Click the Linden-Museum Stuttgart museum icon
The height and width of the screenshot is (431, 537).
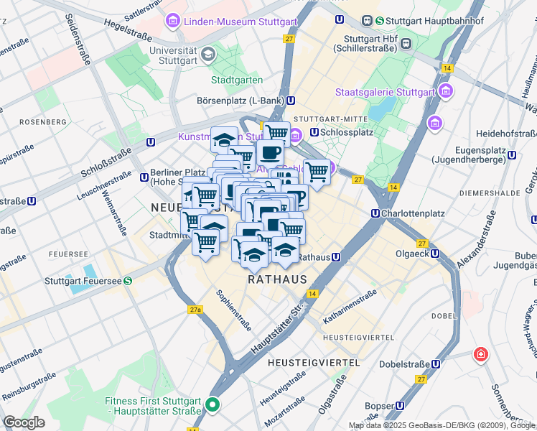(173, 22)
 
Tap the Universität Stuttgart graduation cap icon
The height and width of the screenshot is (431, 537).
(207, 54)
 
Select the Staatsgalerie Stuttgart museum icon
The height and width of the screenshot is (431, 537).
(447, 91)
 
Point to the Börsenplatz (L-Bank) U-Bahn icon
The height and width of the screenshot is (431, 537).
(290, 101)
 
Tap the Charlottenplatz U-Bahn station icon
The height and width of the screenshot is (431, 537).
(375, 213)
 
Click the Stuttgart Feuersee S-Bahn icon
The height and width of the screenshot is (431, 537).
(127, 282)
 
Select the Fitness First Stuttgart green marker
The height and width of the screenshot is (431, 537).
(212, 405)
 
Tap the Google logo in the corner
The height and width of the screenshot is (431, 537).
(24, 422)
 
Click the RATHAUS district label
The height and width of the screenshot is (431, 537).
(277, 279)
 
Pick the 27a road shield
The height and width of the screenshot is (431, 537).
(195, 310)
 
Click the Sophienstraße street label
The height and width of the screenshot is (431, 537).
(233, 310)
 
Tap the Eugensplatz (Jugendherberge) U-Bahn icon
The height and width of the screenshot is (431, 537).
(512, 154)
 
